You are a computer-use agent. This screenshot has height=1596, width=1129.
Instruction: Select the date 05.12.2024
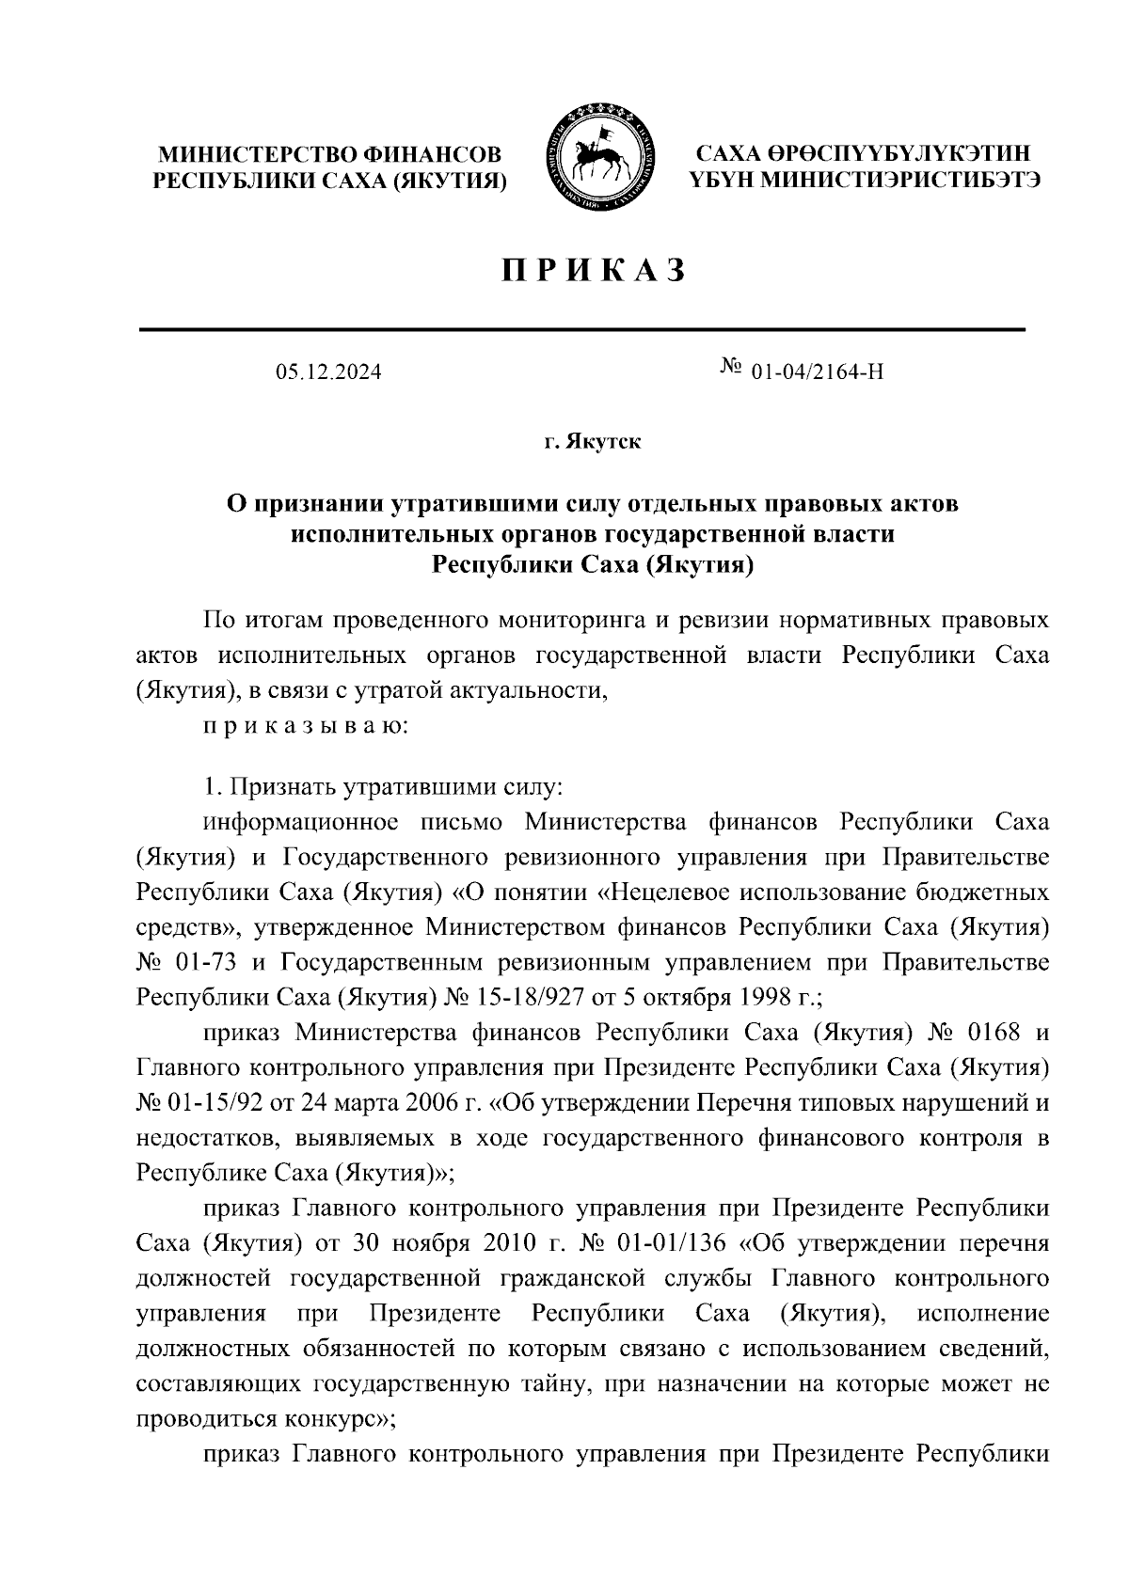328,372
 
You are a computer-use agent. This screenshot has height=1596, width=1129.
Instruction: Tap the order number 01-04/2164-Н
818,372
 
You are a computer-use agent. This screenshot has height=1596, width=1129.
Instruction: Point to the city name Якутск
603,442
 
